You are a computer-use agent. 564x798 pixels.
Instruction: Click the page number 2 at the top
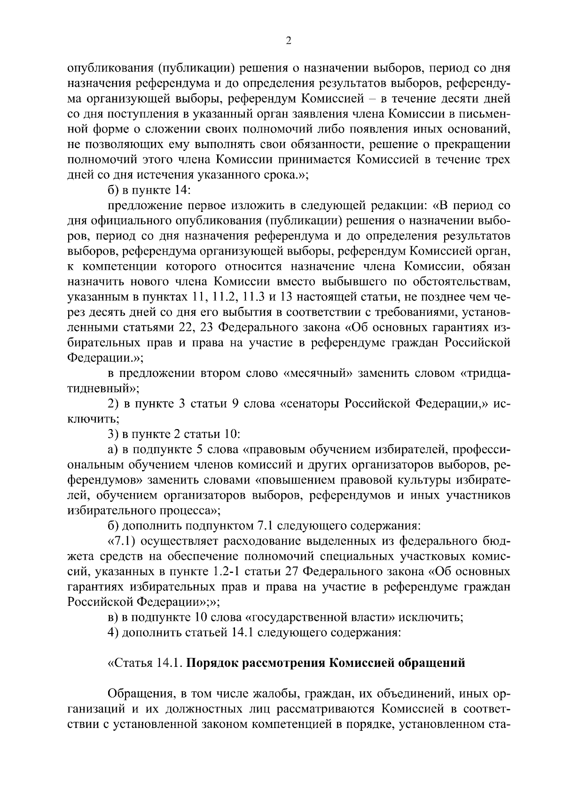pos(289,41)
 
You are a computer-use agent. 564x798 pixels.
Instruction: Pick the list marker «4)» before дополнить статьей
pos(113,633)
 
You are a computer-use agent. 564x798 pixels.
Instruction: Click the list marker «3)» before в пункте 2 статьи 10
pos(113,435)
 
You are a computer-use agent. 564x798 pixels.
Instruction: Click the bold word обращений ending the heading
pos(431,663)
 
